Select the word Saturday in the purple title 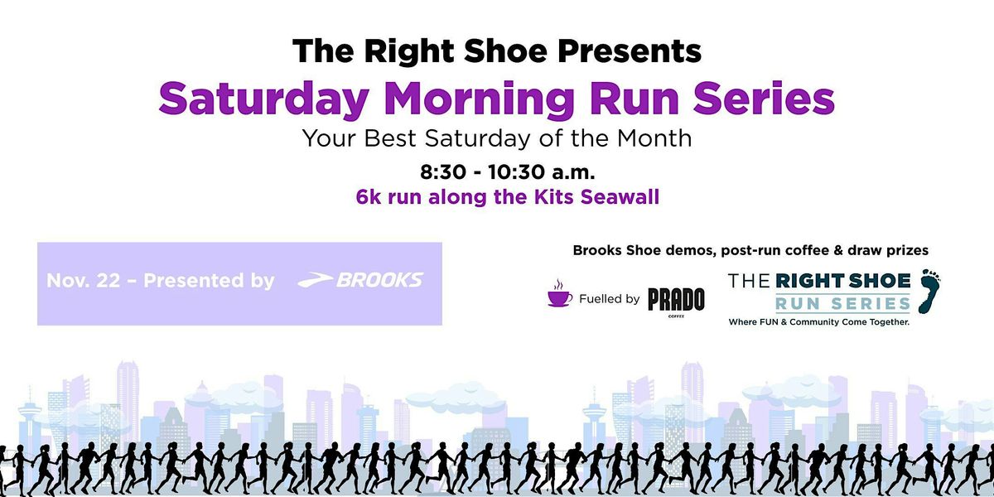click(x=263, y=99)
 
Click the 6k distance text click(x=366, y=199)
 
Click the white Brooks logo click(x=360, y=280)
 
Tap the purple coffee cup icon click(x=560, y=297)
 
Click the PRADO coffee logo click(x=676, y=300)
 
